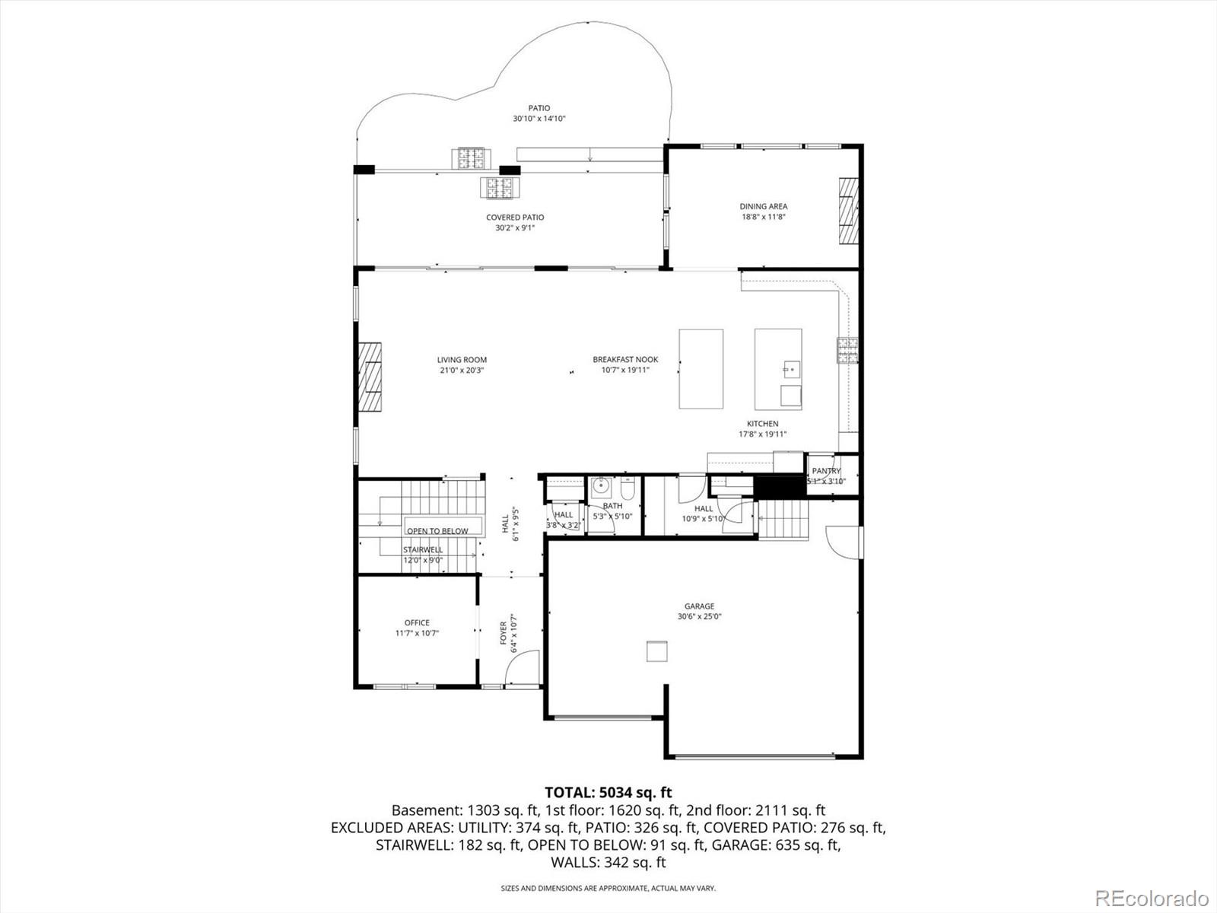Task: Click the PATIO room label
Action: pos(539,108)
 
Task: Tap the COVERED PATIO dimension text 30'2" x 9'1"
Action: pos(515,227)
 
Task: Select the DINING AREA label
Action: pos(763,206)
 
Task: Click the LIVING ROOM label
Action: pos(461,360)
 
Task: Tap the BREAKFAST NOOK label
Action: pos(625,360)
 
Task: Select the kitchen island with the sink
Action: pos(777,369)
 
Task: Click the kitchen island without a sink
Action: pos(701,369)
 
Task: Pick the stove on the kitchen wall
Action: pos(847,350)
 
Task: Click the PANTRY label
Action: pos(826,471)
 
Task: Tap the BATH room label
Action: pos(612,506)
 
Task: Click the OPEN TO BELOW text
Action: pos(437,531)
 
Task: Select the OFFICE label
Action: pos(417,622)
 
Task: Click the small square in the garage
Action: pos(657,651)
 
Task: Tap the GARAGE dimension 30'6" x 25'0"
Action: pos(699,617)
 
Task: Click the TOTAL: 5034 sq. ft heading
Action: pos(608,793)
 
